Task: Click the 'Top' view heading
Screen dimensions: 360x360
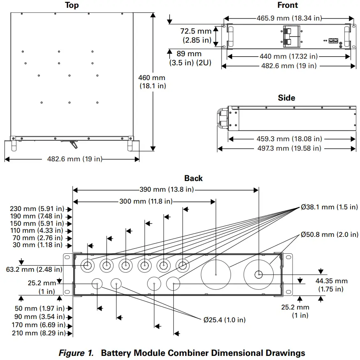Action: [72, 5]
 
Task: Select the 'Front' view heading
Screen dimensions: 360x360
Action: [288, 5]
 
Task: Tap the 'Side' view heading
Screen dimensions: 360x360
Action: [286, 98]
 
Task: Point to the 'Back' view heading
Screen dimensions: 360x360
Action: [194, 178]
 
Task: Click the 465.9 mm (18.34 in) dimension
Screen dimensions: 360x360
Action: [289, 18]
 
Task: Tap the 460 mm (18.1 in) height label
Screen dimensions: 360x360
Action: [152, 82]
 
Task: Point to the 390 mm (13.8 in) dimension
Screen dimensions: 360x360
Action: [166, 189]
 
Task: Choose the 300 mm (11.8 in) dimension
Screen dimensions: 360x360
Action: [143, 201]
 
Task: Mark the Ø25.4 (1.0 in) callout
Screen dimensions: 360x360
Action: [224, 319]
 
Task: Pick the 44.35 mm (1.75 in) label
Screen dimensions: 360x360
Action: [331, 285]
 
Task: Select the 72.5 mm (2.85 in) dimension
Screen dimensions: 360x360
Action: [196, 36]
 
